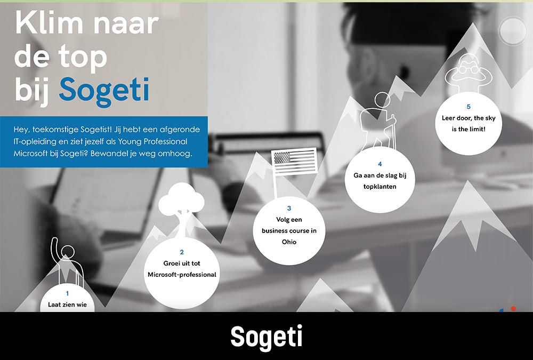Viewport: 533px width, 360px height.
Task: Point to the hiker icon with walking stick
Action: click(378, 121)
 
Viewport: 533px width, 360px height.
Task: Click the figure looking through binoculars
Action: click(469, 72)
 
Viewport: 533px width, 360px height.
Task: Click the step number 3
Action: click(289, 208)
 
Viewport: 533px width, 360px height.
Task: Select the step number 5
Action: click(469, 107)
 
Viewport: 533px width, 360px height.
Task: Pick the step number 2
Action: click(182, 252)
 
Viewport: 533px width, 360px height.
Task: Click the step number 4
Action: click(379, 164)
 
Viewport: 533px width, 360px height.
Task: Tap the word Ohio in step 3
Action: click(289, 242)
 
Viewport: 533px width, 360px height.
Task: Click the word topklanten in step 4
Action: click(379, 187)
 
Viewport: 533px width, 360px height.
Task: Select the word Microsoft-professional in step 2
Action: click(182, 275)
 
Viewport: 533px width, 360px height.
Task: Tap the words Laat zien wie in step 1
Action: click(67, 305)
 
